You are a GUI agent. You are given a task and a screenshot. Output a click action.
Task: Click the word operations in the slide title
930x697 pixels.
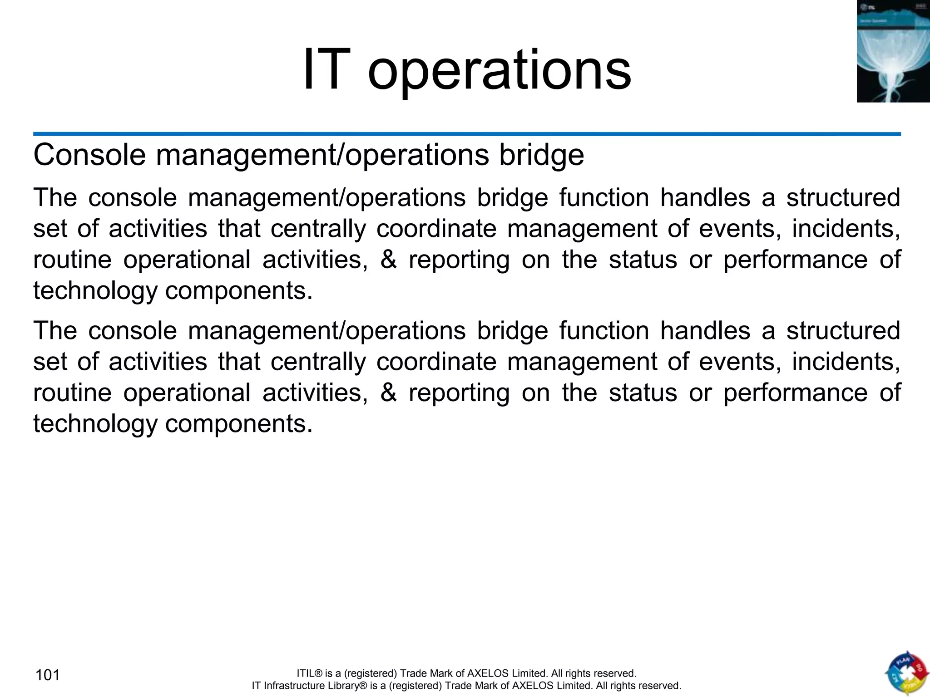(x=499, y=73)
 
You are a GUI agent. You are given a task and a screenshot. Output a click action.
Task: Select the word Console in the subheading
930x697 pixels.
(x=89, y=155)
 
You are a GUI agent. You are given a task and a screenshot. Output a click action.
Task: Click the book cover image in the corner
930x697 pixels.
(x=893, y=51)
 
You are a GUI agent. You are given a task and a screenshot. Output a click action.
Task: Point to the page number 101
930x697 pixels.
(x=48, y=675)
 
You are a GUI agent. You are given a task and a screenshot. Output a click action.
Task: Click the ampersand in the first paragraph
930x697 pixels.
(x=388, y=260)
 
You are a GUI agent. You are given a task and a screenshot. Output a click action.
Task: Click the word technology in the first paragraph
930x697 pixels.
(x=95, y=291)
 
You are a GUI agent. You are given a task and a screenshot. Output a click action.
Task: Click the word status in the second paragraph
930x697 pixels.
(x=643, y=393)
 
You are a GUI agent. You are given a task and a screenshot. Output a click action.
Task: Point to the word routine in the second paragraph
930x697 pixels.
(x=72, y=393)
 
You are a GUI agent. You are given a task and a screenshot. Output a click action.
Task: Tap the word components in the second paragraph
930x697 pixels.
(x=238, y=424)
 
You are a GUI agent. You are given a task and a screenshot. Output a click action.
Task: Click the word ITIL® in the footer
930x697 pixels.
(x=309, y=673)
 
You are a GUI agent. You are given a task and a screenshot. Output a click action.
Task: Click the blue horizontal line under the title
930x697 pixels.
(x=467, y=134)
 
